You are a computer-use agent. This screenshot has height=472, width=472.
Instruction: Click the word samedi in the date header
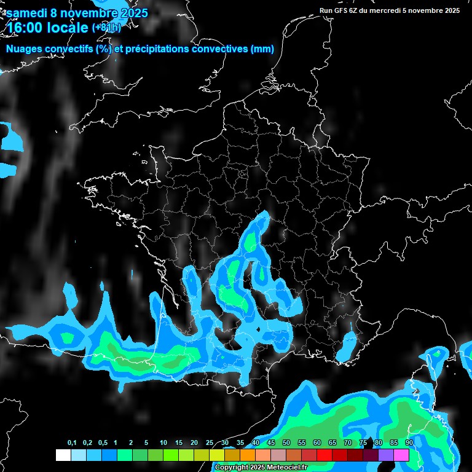pos(27,13)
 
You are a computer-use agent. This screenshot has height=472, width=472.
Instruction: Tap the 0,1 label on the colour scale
pos(72,443)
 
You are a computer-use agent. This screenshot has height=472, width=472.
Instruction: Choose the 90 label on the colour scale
pos(409,443)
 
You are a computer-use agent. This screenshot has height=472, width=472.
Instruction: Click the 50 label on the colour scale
pos(286,443)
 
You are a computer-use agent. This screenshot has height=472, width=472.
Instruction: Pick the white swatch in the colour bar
pos(63,455)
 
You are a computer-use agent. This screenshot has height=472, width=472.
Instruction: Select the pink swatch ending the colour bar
pos(401,455)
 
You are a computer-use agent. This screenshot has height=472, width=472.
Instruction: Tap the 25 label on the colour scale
pos(210,443)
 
